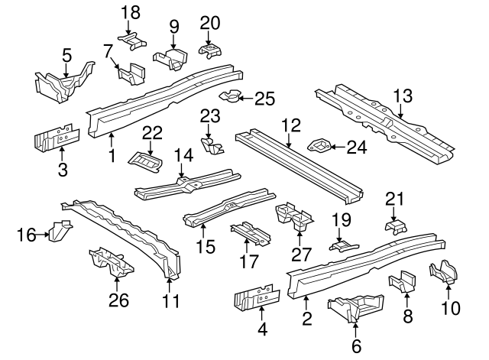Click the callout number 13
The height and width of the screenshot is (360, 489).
(403, 96)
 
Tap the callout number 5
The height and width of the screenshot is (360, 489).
(66, 54)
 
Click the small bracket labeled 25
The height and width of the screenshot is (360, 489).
(229, 97)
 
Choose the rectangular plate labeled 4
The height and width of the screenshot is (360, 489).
(253, 297)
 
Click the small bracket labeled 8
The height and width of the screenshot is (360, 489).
(402, 282)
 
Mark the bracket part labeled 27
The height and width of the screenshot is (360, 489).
(296, 217)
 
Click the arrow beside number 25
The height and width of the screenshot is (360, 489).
(241, 98)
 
